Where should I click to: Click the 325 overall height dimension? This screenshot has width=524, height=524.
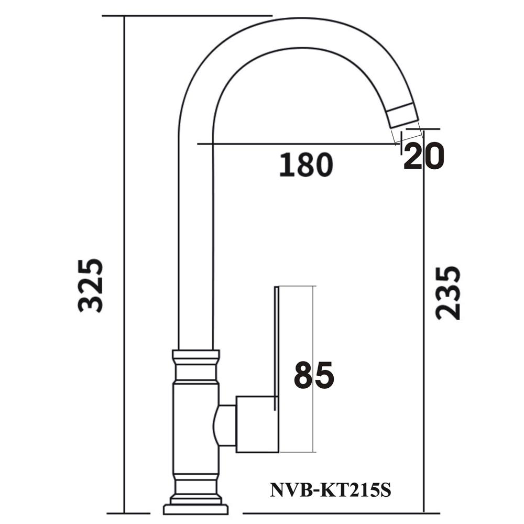coord(90,286)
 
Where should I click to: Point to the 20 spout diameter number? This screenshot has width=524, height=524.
coord(424,156)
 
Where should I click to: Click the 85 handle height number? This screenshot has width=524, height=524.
coord(314,375)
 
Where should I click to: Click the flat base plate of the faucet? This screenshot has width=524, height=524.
coord(196,509)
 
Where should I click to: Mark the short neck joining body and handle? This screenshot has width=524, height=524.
coord(225,425)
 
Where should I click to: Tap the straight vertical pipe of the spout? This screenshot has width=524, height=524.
coord(196,236)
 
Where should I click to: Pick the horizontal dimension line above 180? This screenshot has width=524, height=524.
coord(293,143)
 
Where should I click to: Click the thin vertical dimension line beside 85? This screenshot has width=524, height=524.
coord(313,314)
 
